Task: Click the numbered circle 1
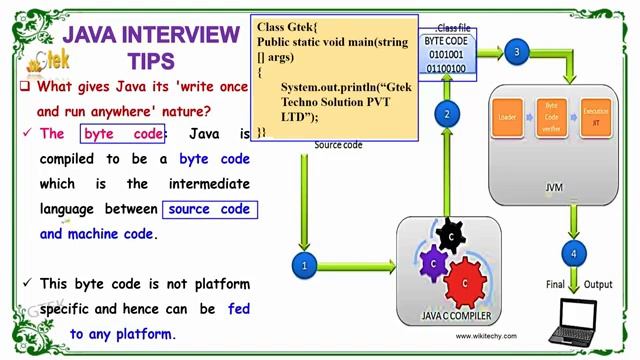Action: (x=304, y=266)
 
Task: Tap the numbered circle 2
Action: (x=447, y=114)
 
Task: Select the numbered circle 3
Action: (x=516, y=52)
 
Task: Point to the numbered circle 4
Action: (x=572, y=254)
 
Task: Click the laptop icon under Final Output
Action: (x=581, y=321)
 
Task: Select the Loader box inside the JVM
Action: (x=507, y=118)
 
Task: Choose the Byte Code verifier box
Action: (x=551, y=118)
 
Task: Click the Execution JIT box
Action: (x=595, y=118)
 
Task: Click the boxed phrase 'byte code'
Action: (x=123, y=134)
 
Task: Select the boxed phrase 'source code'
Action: (x=209, y=209)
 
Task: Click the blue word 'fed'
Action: (x=238, y=309)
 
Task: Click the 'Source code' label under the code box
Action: (x=338, y=145)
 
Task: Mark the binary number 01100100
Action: (x=445, y=69)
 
